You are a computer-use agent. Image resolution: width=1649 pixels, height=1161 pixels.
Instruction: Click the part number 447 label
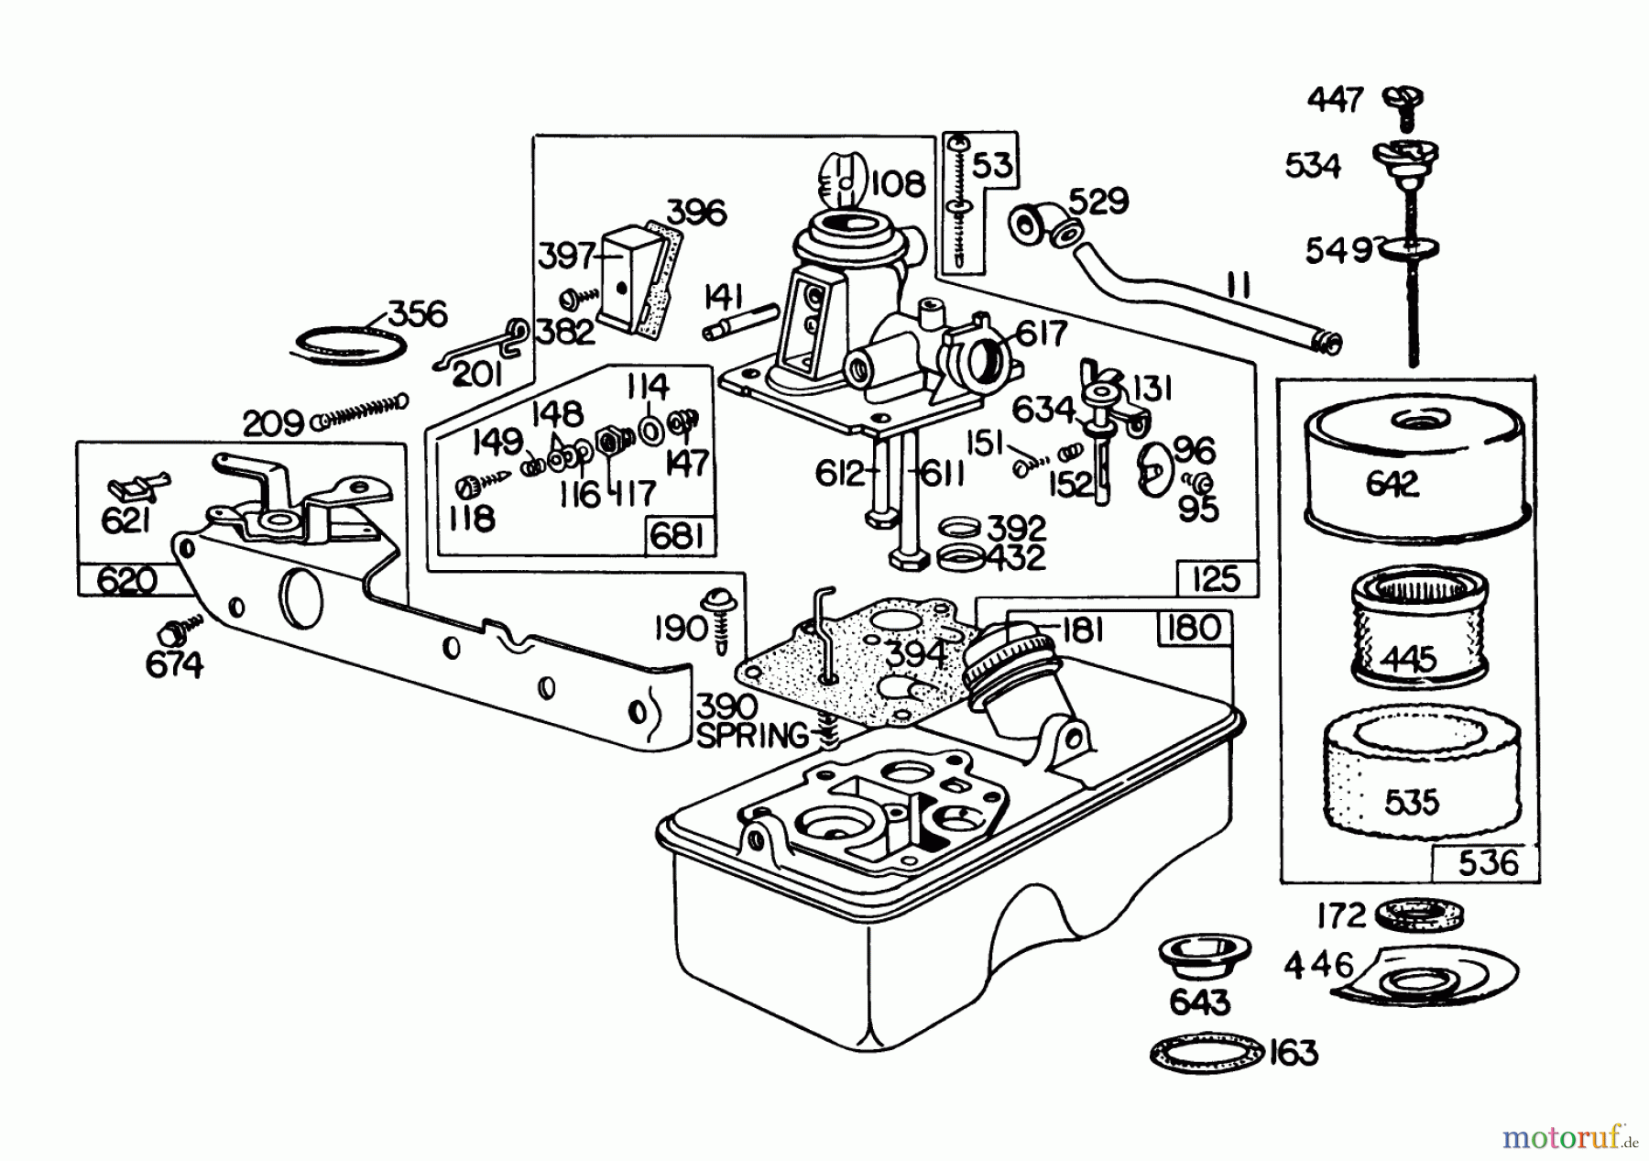point(1334,99)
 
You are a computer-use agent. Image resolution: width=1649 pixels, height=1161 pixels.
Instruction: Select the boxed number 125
point(1217,578)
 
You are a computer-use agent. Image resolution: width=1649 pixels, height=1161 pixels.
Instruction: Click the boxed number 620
point(126,581)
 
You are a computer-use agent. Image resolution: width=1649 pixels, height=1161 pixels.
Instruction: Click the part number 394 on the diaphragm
point(918,653)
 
